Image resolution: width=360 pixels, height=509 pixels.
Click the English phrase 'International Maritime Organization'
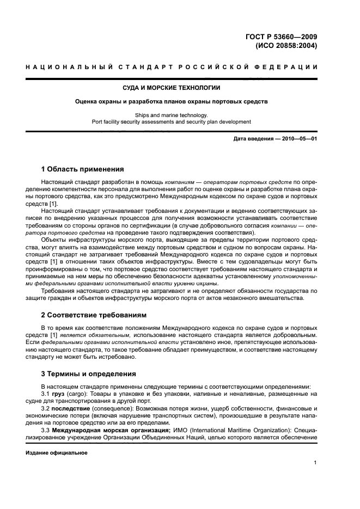click(x=224, y=429)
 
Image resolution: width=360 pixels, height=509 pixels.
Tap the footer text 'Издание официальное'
click(x=57, y=452)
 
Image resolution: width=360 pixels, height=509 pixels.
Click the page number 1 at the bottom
click(x=315, y=463)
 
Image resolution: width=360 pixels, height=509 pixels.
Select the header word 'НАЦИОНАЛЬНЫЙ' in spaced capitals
click(x=69, y=67)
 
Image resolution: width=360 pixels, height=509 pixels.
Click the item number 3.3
click(x=46, y=429)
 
